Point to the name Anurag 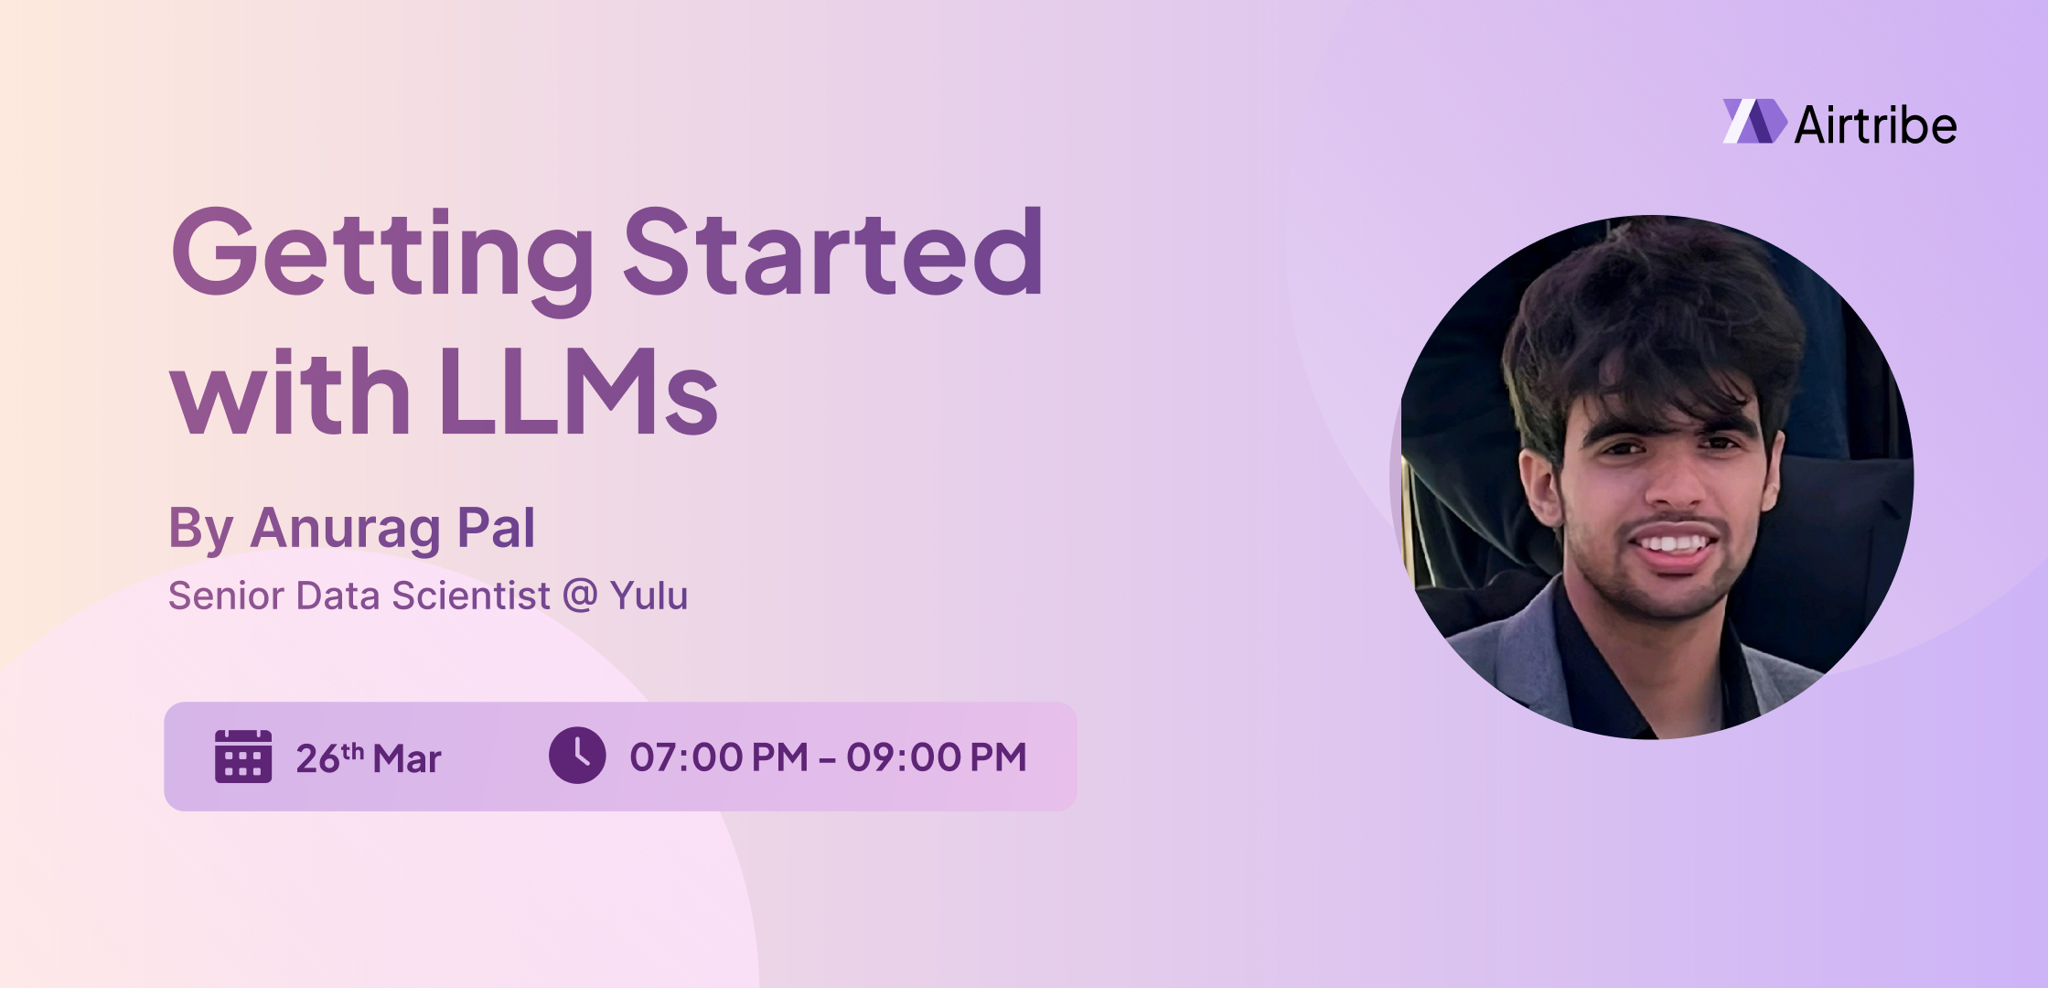click(x=346, y=529)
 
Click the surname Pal click(x=496, y=528)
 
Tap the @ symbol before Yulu click(x=580, y=596)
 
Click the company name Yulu click(x=649, y=596)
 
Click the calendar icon click(x=243, y=757)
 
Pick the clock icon click(x=577, y=756)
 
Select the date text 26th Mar click(x=368, y=758)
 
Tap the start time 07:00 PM click(x=719, y=757)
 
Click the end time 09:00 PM click(x=936, y=757)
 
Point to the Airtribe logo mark click(x=1753, y=122)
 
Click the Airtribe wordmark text click(x=1875, y=125)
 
